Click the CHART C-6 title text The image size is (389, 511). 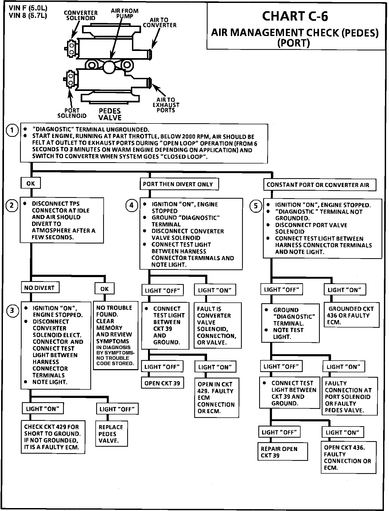pyautogui.click(x=295, y=16)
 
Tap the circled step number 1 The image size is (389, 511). pyautogui.click(x=12, y=131)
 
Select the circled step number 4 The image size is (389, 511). pyautogui.click(x=131, y=205)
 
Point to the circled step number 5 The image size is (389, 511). pyautogui.click(x=256, y=206)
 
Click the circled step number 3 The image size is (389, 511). pyautogui.click(x=12, y=310)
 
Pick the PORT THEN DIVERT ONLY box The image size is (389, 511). pyautogui.click(x=179, y=184)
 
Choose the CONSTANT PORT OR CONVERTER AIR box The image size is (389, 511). pyautogui.click(x=319, y=185)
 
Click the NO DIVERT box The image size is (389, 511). pyautogui.click(x=40, y=288)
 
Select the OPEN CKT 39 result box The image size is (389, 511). pyautogui.click(x=162, y=383)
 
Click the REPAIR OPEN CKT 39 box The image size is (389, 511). pyautogui.click(x=282, y=452)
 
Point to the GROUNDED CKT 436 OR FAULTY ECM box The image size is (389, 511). pyautogui.click(x=351, y=315)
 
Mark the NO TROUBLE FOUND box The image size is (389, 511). pyautogui.click(x=115, y=335)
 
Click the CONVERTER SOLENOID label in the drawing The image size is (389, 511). pyautogui.click(x=81, y=15)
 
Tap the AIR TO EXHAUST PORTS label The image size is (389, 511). pyautogui.click(x=166, y=105)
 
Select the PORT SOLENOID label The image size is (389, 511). pyautogui.click(x=72, y=113)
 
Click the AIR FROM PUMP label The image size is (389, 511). pyautogui.click(x=125, y=13)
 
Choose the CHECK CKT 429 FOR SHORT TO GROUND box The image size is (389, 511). pyautogui.click(x=53, y=437)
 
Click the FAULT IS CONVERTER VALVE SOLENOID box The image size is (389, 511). pyautogui.click(x=217, y=325)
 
